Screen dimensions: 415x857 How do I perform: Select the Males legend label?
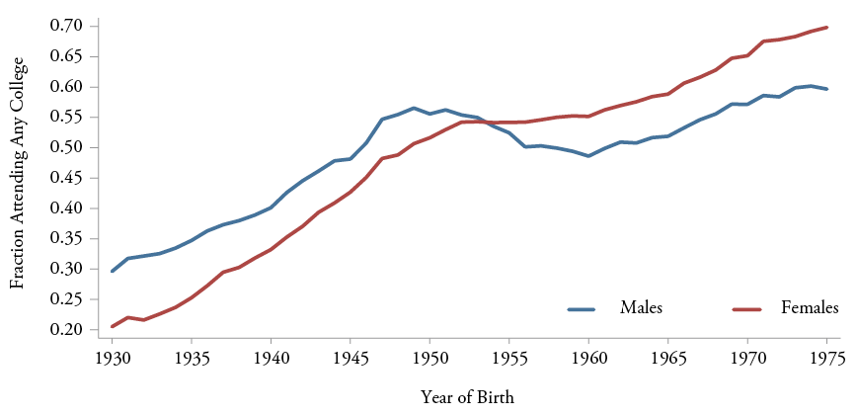[x=641, y=308]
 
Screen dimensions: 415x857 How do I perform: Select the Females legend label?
[x=810, y=308]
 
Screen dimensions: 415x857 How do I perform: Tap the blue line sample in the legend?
[x=582, y=309]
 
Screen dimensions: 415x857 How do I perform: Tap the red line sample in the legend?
[x=747, y=309]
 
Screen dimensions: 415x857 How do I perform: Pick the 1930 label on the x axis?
[x=113, y=359]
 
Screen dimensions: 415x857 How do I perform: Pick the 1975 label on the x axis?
[x=825, y=359]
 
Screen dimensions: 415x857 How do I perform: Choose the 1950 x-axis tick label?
[x=429, y=359]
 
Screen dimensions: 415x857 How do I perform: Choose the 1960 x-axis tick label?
[x=588, y=359]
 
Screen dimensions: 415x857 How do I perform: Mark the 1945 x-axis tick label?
[x=351, y=359]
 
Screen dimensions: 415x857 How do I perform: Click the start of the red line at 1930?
[x=113, y=326]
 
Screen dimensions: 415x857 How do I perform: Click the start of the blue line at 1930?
[x=113, y=271]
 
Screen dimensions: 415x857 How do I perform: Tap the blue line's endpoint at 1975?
[x=826, y=89]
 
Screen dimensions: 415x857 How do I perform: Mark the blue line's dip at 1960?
[x=588, y=156]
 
